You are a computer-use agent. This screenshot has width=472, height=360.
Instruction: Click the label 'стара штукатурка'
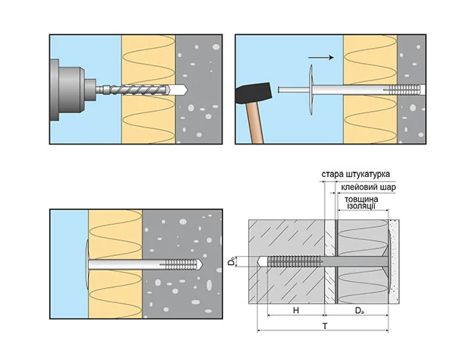click(x=356, y=174)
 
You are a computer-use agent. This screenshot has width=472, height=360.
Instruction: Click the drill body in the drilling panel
click(x=64, y=89)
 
